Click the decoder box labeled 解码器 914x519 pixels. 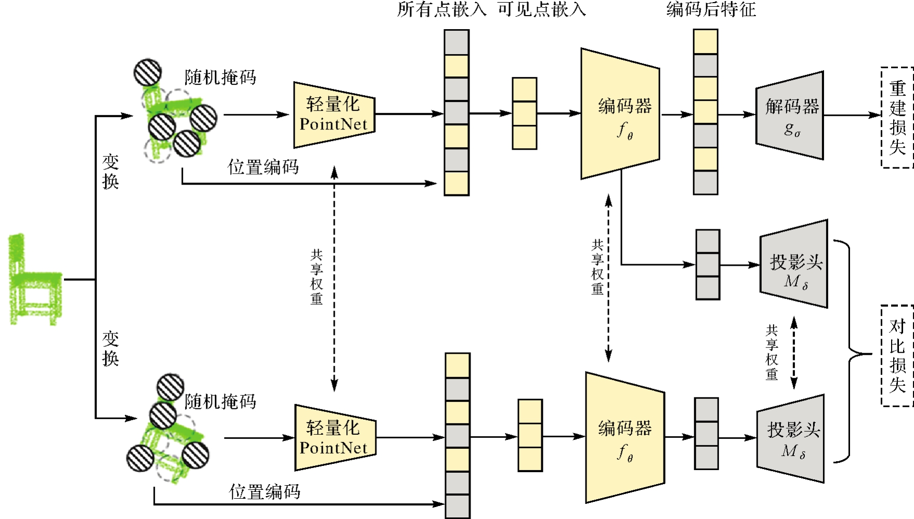click(x=790, y=115)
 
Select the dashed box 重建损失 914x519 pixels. click(x=897, y=118)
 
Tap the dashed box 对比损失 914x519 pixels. click(x=897, y=356)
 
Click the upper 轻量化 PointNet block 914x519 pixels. click(x=334, y=115)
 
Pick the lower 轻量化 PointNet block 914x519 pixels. click(x=334, y=438)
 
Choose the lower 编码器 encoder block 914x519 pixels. click(x=624, y=438)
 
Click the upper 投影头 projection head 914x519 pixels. click(x=794, y=265)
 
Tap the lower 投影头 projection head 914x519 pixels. click(x=791, y=438)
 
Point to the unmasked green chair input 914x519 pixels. click(x=34, y=280)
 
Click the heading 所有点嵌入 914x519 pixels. click(x=441, y=9)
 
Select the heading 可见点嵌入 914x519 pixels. click(x=542, y=9)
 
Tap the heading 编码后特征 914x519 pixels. click(x=711, y=9)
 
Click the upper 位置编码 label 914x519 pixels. click(x=263, y=167)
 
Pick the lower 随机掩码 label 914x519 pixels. click(x=220, y=401)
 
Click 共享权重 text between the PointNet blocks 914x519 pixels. click(x=317, y=277)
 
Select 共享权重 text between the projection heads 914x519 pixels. click(x=772, y=353)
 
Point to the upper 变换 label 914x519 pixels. click(x=110, y=172)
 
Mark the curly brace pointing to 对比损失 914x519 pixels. click(x=853, y=354)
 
